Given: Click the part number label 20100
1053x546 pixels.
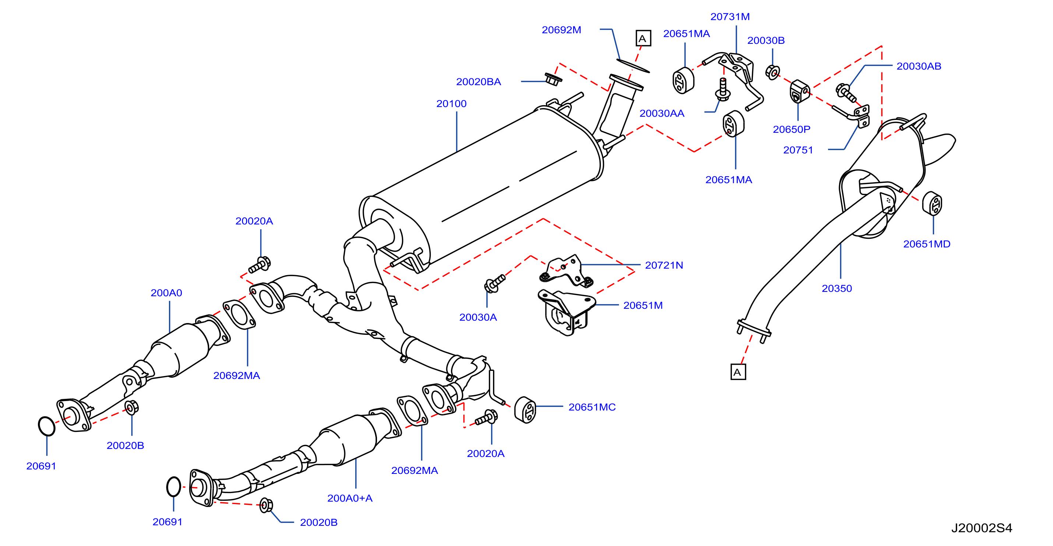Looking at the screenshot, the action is point(451,104).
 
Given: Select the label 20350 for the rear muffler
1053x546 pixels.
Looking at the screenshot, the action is point(837,288).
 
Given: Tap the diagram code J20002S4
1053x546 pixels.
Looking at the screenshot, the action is point(982,528).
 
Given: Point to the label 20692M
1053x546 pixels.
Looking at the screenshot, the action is point(561,30).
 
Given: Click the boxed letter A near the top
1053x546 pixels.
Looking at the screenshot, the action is point(643,38).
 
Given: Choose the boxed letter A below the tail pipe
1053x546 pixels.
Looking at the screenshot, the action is point(738,372).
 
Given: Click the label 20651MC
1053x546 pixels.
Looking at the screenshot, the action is point(592,407).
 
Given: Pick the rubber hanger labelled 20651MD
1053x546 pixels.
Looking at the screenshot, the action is point(932,203).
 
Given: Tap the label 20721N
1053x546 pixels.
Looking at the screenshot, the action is point(664,265).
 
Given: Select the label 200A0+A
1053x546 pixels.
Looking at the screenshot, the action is point(350,498).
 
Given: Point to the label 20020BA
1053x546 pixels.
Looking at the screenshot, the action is point(478,82).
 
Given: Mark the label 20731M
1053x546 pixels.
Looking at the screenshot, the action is point(730,17).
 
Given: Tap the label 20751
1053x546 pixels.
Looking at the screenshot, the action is point(798,150).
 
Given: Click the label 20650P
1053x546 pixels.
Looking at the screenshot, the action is point(791,129).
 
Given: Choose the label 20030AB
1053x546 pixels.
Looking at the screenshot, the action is point(919,66).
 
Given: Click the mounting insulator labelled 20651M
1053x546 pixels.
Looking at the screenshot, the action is point(567,312).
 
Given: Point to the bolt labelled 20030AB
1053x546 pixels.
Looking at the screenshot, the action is point(845,93).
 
